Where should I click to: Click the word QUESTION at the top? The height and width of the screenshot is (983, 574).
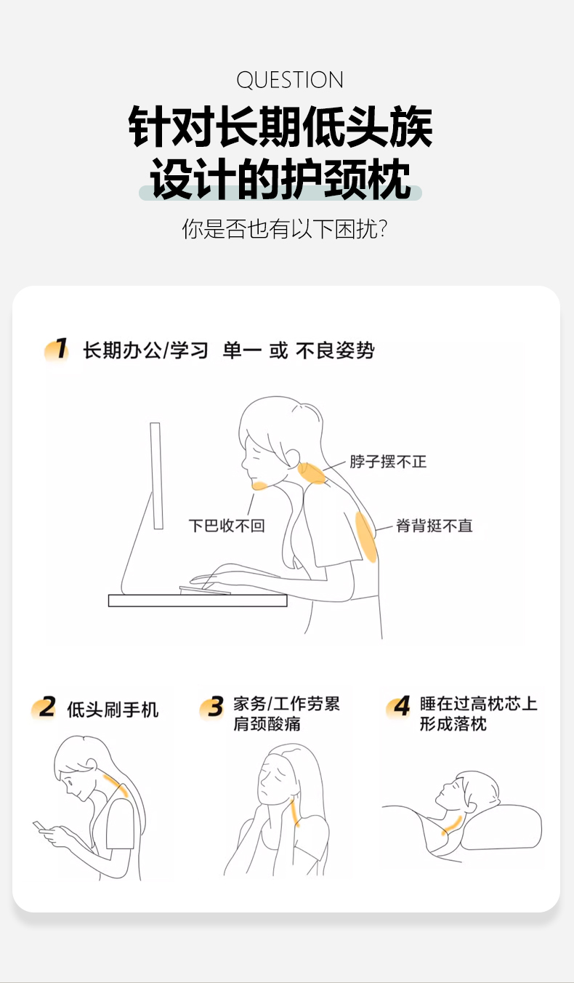click(290, 80)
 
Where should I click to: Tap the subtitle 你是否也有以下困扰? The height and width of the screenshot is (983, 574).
click(285, 228)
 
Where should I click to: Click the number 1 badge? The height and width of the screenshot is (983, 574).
click(57, 350)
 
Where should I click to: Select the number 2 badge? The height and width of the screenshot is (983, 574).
click(44, 707)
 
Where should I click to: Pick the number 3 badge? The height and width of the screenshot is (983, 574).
click(211, 707)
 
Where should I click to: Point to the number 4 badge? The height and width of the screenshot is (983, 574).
click(399, 706)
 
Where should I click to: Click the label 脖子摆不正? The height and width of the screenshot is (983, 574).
click(388, 462)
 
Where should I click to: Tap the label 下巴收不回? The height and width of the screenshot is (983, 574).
click(227, 525)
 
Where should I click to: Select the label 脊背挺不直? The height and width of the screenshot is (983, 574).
click(434, 525)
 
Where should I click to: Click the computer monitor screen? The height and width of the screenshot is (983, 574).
click(156, 476)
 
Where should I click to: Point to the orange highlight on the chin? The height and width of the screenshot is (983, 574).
click(259, 486)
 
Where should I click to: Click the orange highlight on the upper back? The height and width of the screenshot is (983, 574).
click(366, 537)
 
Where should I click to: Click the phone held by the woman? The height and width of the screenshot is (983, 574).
click(39, 826)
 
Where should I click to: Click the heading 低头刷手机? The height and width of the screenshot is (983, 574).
click(113, 710)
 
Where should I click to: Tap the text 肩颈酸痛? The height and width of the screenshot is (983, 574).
click(267, 723)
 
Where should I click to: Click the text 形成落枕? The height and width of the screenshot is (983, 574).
click(453, 723)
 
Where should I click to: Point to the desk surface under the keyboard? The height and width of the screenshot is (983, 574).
click(198, 601)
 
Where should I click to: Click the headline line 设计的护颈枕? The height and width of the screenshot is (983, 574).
click(280, 180)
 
